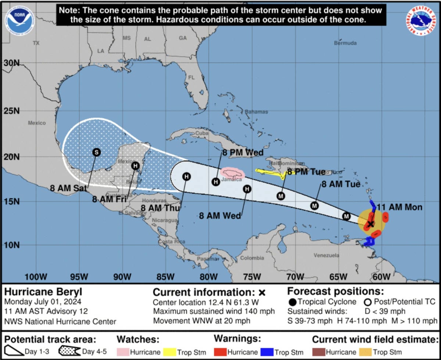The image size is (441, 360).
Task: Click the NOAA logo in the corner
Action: pos(19,21)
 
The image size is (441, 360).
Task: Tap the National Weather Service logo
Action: pos(421,21)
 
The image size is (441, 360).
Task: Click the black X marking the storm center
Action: pos(370,224)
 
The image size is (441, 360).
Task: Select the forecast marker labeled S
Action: pos(96,152)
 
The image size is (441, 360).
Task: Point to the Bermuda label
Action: pos(345,43)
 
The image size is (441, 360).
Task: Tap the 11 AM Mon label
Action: pos(399,207)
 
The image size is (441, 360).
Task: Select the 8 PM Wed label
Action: pos(243,153)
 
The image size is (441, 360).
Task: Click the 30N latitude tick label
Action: pos(11,63)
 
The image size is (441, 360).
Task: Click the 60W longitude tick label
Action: pos(381,276)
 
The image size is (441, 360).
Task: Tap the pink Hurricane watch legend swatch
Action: pos(122,352)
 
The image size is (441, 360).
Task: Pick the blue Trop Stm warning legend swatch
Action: pos(268,352)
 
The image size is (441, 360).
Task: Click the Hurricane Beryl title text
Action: pos(43,292)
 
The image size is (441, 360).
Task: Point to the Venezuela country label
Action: pos(326,255)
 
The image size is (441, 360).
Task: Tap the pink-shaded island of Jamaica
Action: pos(233,174)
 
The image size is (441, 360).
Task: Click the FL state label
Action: pos(191,78)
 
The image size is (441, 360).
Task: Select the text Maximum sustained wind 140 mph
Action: pos(214,312)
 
